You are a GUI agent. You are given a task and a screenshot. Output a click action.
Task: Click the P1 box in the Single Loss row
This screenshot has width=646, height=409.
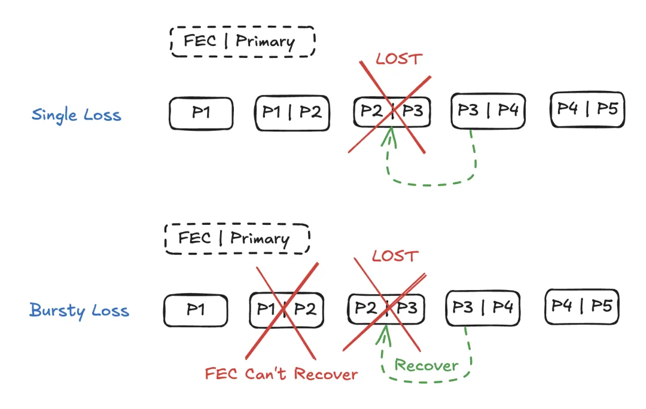point(201,113)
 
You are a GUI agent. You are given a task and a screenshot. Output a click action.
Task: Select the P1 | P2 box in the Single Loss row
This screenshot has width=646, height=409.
point(292,112)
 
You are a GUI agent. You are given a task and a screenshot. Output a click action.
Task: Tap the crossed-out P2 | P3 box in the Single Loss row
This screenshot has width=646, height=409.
point(391,111)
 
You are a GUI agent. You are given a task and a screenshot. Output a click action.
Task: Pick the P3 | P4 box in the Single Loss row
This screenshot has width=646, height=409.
point(487,111)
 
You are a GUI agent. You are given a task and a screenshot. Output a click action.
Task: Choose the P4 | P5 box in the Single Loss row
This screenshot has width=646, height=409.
point(587,109)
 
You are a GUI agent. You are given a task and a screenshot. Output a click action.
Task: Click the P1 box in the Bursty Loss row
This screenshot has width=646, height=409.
point(196,310)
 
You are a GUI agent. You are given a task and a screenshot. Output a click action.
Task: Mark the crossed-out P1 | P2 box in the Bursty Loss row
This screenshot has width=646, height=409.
point(285,310)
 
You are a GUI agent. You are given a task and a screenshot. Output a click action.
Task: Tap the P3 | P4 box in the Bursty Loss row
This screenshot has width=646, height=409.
point(482,308)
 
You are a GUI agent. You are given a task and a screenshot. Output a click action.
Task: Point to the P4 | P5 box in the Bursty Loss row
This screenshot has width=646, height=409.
point(581,307)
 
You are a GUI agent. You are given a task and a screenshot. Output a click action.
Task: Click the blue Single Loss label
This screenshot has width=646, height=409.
point(77,114)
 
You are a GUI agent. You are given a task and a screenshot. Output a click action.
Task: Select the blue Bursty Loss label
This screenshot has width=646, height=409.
point(79,311)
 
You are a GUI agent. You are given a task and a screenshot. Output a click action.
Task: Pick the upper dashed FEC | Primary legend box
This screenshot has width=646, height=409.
point(242,41)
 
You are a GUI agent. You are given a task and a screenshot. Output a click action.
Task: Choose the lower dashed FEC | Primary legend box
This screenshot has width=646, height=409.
point(237,239)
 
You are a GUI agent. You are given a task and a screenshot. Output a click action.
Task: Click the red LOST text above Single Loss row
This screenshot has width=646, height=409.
point(399,59)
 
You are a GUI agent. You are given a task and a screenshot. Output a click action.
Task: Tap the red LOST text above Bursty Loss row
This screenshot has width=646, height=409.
point(394,257)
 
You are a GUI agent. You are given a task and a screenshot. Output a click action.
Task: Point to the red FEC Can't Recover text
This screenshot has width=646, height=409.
point(281,375)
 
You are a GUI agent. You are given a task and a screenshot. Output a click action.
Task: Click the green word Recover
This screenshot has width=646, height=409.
point(426,366)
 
